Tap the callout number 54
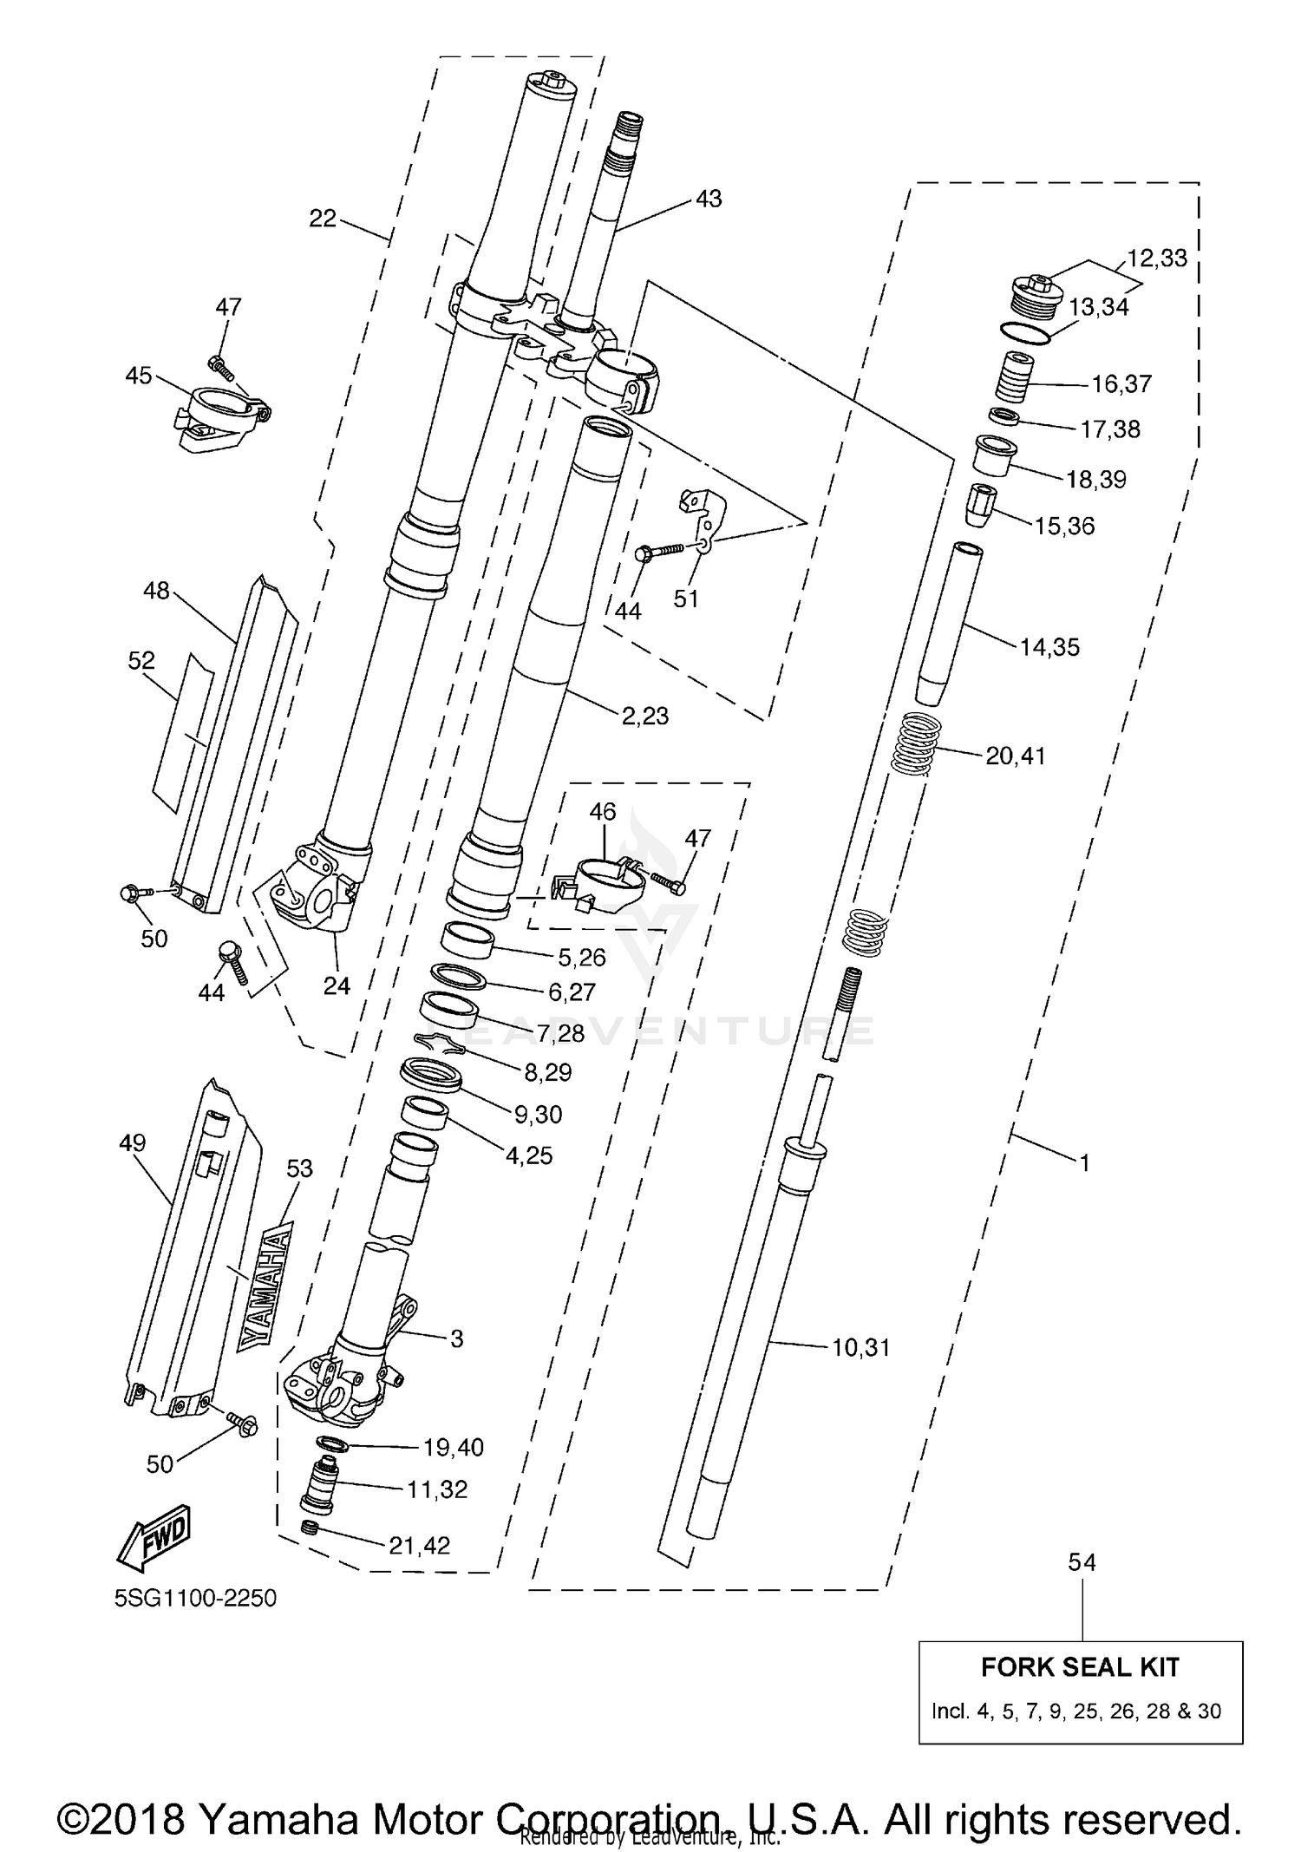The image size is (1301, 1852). [1082, 1562]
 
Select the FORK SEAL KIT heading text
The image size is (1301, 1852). [1080, 1666]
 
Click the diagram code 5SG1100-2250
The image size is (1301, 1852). [195, 1598]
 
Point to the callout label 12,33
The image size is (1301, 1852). [1157, 258]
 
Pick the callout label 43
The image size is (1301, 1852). [708, 199]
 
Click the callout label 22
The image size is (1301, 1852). [322, 219]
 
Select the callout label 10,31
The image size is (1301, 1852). [860, 1347]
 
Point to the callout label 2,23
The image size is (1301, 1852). [644, 716]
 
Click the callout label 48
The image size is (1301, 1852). [156, 592]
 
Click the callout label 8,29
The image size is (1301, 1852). [547, 1072]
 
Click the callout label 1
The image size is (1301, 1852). [1083, 1162]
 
